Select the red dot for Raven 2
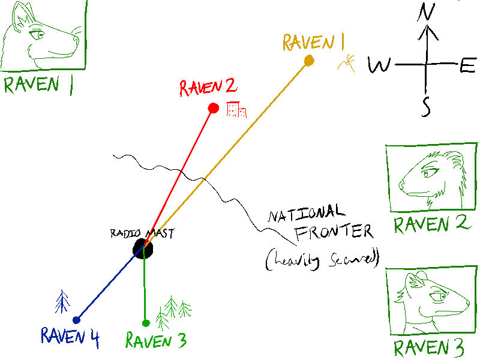213,108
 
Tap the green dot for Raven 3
146,323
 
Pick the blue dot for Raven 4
76,320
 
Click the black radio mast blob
142,247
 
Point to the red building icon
236,109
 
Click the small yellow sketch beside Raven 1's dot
346,61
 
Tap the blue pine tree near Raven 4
62,301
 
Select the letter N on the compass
427,13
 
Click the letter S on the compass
426,106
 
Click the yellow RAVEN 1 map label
313,42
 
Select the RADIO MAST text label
142,233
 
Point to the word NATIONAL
307,214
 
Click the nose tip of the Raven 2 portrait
401,184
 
